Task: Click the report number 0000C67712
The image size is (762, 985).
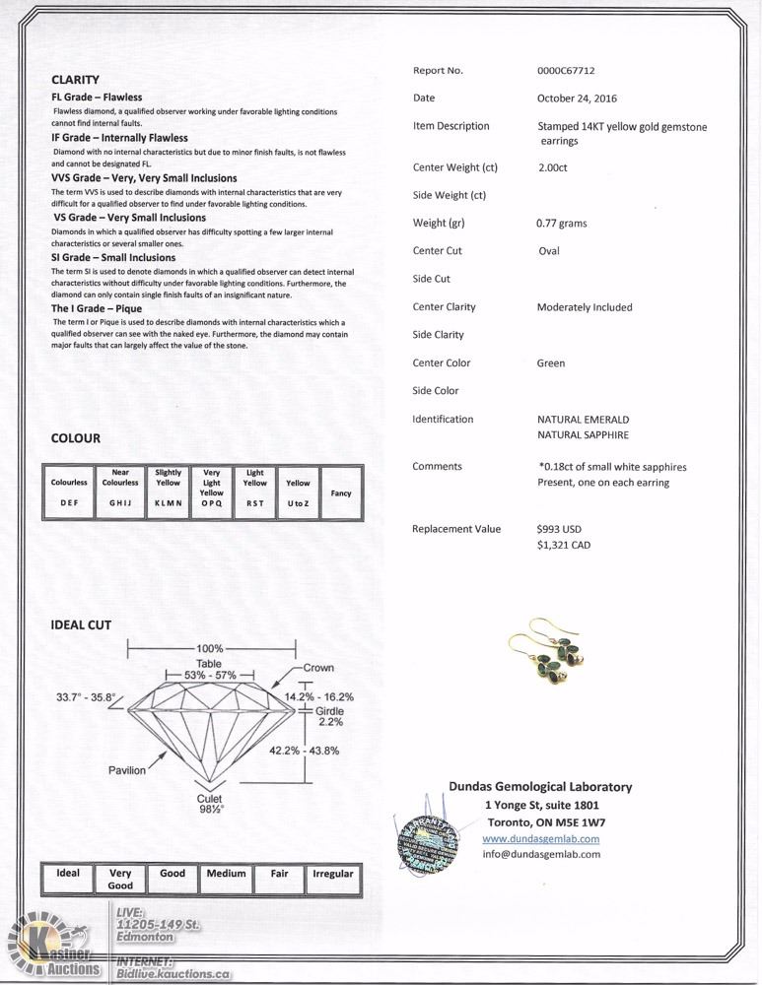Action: tap(566, 71)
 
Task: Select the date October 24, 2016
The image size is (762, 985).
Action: tap(578, 98)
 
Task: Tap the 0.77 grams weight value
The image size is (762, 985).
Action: tap(561, 224)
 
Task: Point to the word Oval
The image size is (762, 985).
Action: tap(548, 251)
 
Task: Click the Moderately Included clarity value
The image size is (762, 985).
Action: tap(585, 307)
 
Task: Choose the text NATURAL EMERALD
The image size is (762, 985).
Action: tap(583, 420)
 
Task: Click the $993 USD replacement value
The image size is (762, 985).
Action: tap(560, 529)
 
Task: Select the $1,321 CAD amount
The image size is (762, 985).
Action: tap(564, 545)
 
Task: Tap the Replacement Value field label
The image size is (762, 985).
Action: tap(456, 529)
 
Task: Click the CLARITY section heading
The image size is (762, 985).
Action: tap(75, 79)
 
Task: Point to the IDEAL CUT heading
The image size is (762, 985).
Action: tap(81, 625)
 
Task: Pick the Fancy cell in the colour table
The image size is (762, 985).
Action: tap(341, 492)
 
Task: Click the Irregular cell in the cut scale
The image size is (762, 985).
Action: tap(332, 874)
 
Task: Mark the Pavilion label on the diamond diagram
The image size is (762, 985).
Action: tap(127, 770)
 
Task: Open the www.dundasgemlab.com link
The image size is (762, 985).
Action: tap(540, 839)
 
